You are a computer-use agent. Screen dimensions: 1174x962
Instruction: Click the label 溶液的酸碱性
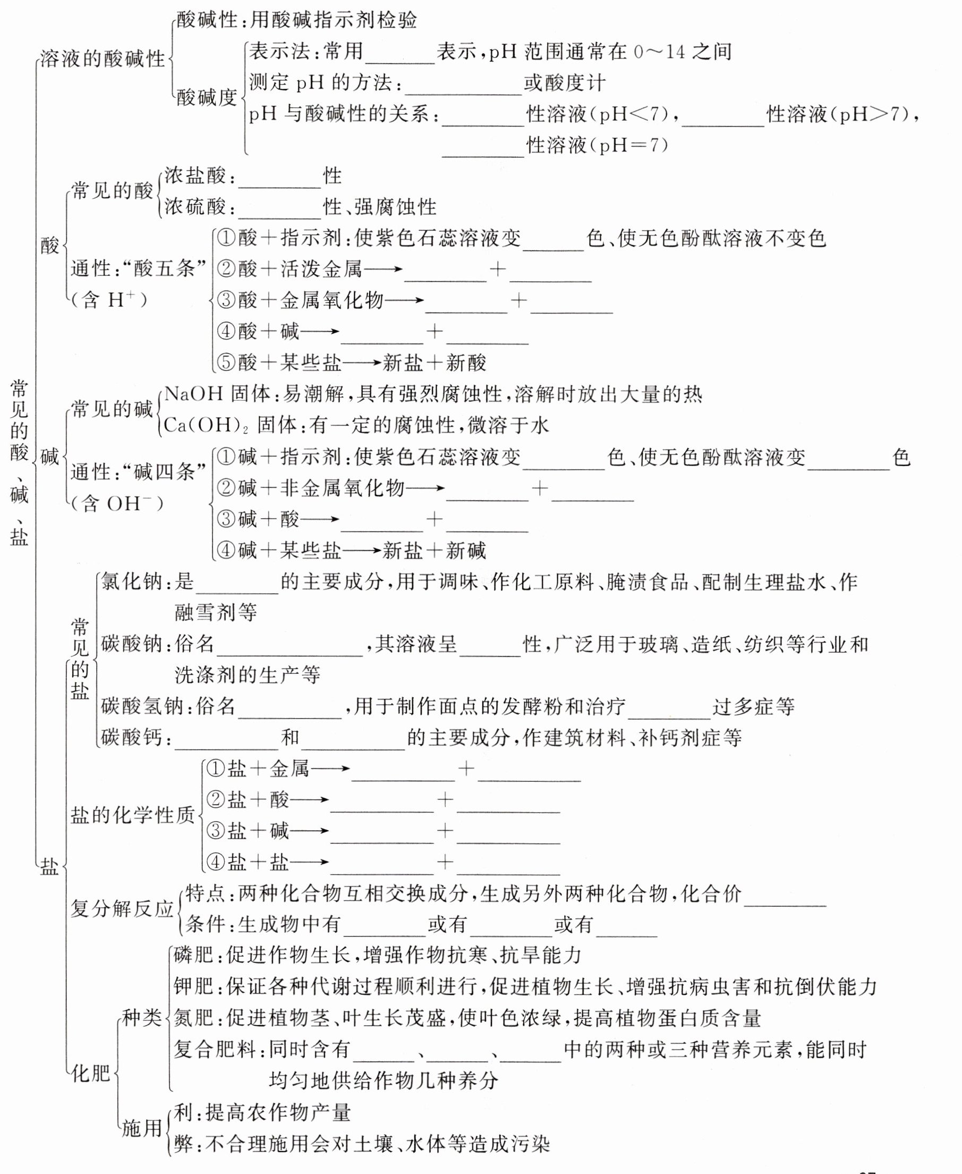coord(103,58)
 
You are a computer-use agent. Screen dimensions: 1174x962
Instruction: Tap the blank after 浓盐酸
coord(279,178)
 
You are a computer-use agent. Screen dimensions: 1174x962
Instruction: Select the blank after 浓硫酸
coord(279,208)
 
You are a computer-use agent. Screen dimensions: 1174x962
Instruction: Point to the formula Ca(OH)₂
coord(206,425)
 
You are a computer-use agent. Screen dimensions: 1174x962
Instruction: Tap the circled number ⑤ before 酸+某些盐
coord(227,363)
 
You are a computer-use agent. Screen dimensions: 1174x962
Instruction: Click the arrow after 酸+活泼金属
coord(383,270)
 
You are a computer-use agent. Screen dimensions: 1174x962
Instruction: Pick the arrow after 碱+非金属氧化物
coord(425,488)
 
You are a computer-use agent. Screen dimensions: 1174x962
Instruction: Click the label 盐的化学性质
coord(132,815)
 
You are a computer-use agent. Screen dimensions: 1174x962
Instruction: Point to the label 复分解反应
coord(122,908)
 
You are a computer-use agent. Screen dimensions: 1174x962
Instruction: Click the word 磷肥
coord(193,955)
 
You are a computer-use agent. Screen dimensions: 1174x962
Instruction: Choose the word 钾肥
coord(193,986)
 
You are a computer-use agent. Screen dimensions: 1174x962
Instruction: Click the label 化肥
coord(91,1073)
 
